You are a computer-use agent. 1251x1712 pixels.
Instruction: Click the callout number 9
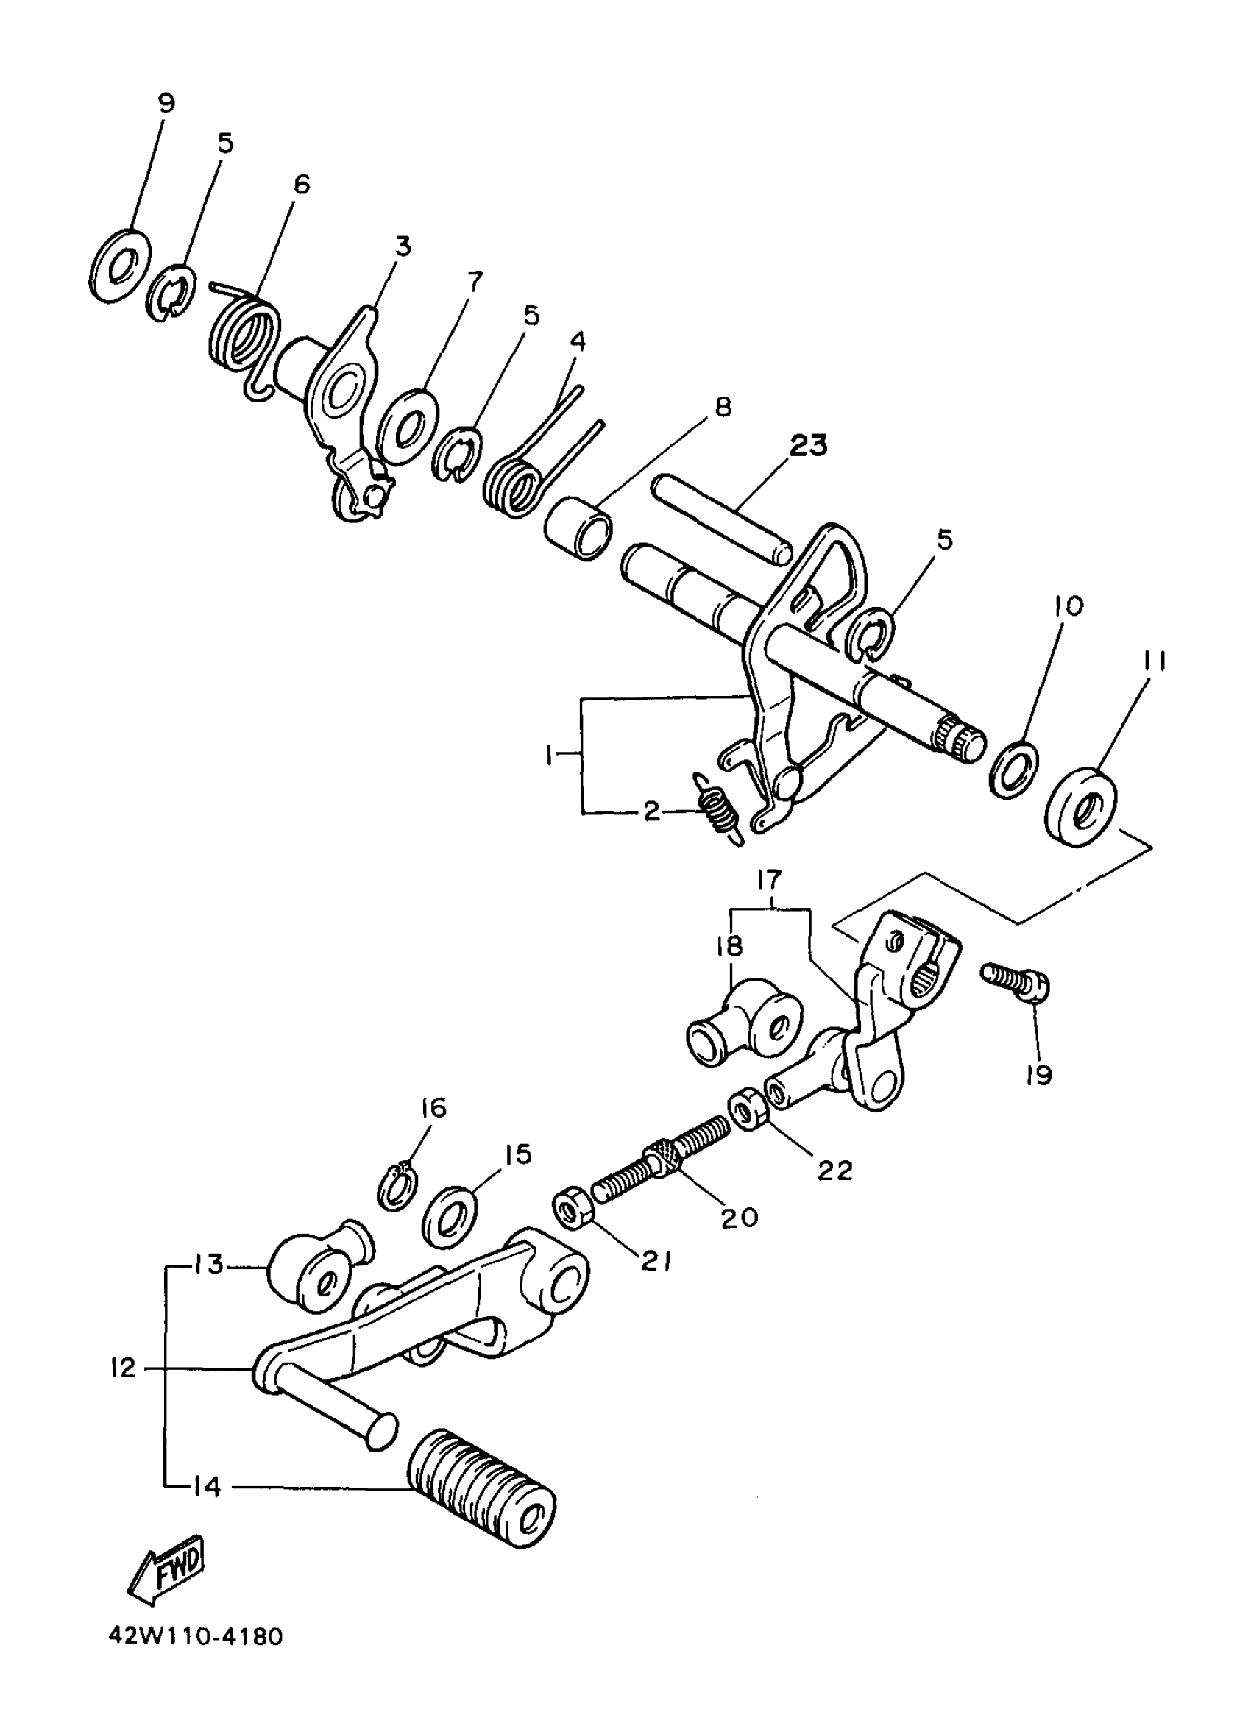point(166,103)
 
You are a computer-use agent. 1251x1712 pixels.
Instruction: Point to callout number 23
point(808,445)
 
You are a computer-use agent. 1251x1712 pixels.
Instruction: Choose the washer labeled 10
point(1013,768)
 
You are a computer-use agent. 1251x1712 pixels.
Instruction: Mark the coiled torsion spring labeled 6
point(244,338)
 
